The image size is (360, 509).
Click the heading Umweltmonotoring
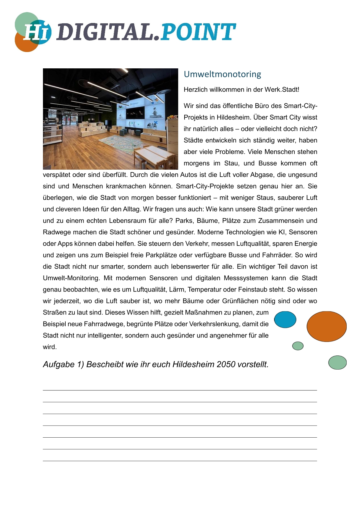pos(222,74)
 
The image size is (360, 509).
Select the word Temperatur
pos(205,289)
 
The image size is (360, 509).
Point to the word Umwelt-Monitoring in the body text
pos(71,278)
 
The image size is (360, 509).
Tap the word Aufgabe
pos(59,364)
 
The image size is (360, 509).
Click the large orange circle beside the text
pos(326,326)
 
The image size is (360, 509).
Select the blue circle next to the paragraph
pos(285,319)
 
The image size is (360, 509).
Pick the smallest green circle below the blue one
pos(298,346)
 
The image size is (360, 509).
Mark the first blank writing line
pos(180,390)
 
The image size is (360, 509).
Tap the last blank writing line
pos(180,461)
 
